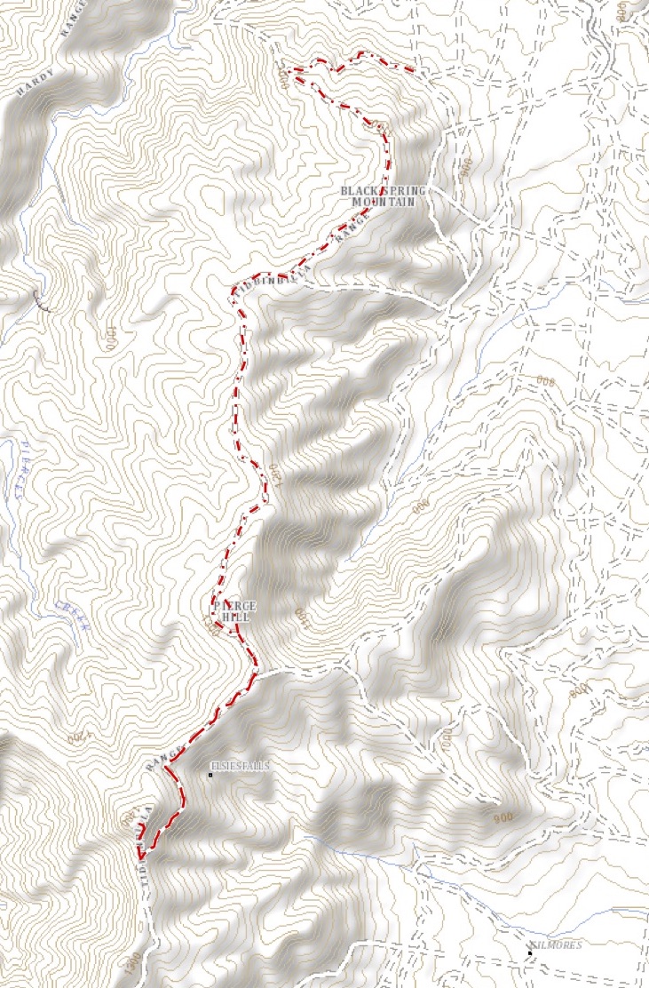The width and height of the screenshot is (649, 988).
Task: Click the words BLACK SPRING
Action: click(384, 191)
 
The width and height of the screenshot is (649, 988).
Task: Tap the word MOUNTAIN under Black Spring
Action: click(384, 203)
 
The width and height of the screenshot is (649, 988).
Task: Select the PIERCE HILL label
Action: click(227, 611)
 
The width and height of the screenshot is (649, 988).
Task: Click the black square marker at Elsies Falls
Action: click(210, 776)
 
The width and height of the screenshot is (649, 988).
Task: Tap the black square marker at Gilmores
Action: click(529, 953)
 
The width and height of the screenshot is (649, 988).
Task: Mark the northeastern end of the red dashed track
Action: click(414, 70)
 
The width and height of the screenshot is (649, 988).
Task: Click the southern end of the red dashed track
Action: click(140, 857)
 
